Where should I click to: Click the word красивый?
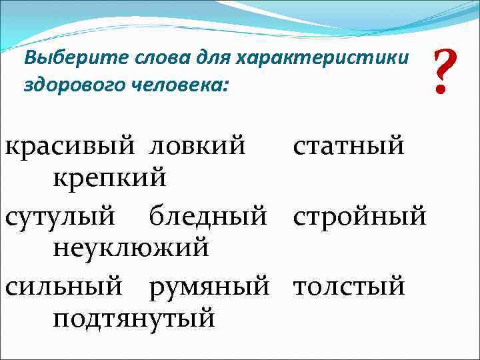pyautogui.click(x=69, y=146)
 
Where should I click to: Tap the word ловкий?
pyautogui.click(x=197, y=146)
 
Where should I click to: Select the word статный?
pyautogui.click(x=348, y=146)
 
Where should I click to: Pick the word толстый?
pyautogui.click(x=349, y=287)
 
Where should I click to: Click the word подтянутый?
pyautogui.click(x=133, y=319)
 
